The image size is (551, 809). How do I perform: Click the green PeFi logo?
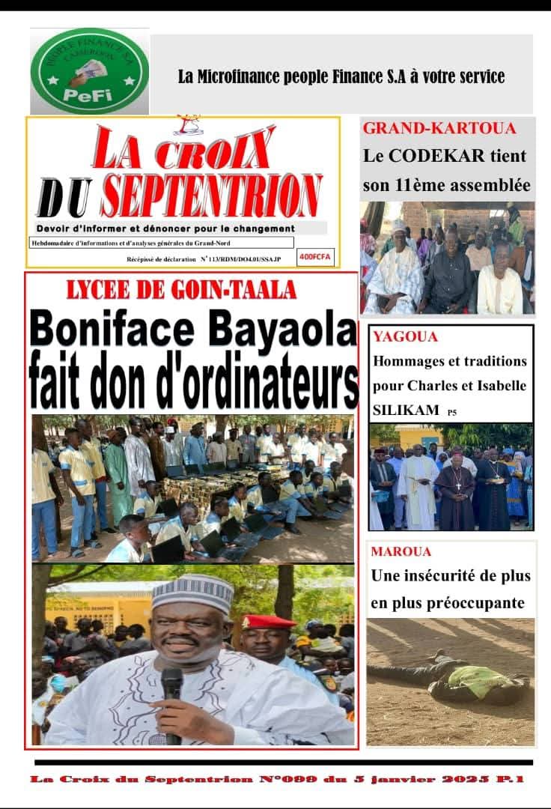point(89,71)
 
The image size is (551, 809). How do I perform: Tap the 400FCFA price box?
point(315,258)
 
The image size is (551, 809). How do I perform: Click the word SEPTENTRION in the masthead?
point(212,196)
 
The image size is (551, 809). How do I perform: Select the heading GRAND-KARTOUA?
point(439,128)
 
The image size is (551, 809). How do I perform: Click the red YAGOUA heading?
point(395,337)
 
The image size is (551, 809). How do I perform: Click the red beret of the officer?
point(266,621)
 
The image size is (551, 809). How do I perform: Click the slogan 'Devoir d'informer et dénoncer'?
point(165,228)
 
